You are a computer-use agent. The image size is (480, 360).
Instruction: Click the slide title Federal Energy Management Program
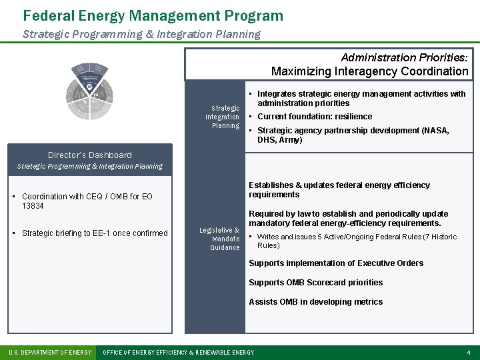(153, 15)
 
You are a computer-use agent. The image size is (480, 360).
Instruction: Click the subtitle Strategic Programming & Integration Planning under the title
(141, 34)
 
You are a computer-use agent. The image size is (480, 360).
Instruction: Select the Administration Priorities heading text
(404, 58)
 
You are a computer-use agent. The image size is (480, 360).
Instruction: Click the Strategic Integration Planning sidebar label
(223, 117)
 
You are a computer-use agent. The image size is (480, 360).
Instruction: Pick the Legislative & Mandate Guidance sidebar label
(220, 239)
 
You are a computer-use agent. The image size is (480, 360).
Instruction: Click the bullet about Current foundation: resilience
(315, 117)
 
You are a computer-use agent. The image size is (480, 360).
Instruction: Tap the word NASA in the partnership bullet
(436, 131)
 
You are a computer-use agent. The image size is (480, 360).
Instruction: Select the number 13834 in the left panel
(33, 206)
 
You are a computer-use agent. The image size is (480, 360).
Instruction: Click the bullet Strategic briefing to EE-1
(95, 233)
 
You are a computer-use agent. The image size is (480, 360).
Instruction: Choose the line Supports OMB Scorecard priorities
(315, 283)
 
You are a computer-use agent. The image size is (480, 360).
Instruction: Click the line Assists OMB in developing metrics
(315, 302)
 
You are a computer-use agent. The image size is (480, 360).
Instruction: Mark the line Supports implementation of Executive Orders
(335, 263)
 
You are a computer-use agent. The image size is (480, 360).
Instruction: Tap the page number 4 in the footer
(469, 352)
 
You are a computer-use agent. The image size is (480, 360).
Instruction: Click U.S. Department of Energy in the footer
(50, 352)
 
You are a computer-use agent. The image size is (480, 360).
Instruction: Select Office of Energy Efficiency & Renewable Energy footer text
(178, 352)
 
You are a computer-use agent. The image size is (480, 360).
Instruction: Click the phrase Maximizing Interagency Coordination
(369, 71)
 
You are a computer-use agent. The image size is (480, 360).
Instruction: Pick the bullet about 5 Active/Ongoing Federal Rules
(357, 241)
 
